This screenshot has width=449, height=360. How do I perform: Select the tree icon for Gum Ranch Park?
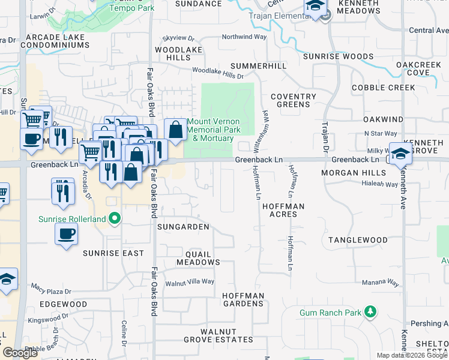371,312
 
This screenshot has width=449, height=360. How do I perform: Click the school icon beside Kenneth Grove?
400,153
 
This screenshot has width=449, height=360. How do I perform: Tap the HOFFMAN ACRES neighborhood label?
283,210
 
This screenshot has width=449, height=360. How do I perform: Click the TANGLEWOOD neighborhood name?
358,240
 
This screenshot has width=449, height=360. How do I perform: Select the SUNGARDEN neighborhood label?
183,227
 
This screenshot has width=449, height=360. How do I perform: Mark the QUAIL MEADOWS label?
198,258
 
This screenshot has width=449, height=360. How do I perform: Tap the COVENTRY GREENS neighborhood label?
293,100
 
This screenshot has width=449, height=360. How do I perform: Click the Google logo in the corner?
20,353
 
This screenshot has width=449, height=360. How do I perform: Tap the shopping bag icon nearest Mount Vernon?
175,130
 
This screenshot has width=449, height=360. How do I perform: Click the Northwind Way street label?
244,37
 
